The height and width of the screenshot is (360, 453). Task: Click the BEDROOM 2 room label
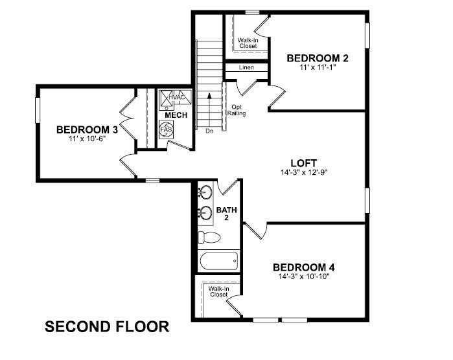pyautogui.click(x=318, y=58)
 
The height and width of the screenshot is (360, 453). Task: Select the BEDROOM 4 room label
pyautogui.click(x=303, y=267)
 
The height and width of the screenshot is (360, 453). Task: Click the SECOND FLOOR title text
pyautogui.click(x=107, y=326)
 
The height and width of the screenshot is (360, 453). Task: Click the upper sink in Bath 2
pyautogui.click(x=205, y=192)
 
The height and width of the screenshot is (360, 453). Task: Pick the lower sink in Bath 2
pyautogui.click(x=205, y=212)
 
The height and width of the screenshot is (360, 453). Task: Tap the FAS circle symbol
pyautogui.click(x=166, y=129)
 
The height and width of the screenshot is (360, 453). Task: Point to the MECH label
pyautogui.click(x=176, y=115)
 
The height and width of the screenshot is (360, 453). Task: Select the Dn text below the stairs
pyautogui.click(x=209, y=131)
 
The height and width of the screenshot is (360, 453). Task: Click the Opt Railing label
pyautogui.click(x=236, y=109)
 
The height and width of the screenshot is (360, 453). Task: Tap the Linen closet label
pyautogui.click(x=246, y=67)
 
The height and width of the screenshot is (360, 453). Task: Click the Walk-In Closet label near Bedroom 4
pyautogui.click(x=218, y=292)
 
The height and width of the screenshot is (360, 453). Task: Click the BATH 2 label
pyautogui.click(x=226, y=214)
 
